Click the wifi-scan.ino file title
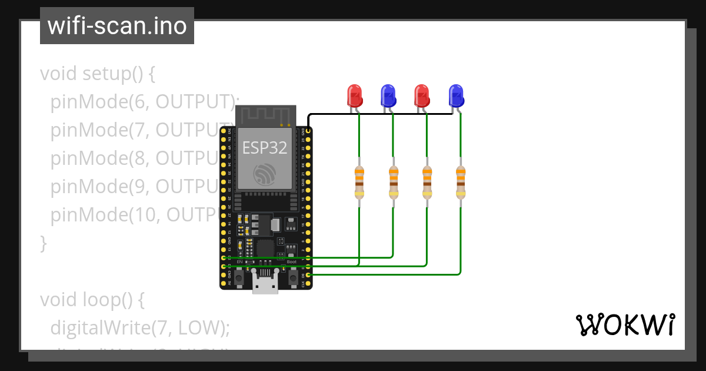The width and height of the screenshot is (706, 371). (x=116, y=26)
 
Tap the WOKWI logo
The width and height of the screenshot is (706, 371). (x=625, y=324)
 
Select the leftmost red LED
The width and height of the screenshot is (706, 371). (x=354, y=95)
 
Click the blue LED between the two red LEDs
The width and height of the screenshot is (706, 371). (x=387, y=95)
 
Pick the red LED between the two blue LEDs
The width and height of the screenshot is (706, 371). (x=421, y=95)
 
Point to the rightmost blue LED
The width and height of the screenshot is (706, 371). (x=455, y=95)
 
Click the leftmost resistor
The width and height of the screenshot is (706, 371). (x=359, y=181)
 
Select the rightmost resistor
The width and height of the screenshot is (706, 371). (x=461, y=181)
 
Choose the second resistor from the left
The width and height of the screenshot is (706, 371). (x=393, y=181)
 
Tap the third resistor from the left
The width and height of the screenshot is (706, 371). (x=427, y=181)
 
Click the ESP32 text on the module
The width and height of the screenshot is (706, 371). (x=265, y=148)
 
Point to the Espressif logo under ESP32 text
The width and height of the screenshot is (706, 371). (x=265, y=174)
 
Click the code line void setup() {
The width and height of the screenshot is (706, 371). (x=97, y=74)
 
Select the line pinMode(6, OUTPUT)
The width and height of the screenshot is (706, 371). (x=141, y=102)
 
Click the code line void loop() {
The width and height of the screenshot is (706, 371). (x=92, y=299)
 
